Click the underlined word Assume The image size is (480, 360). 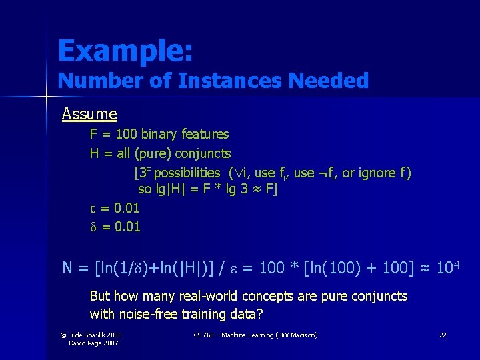point(89,114)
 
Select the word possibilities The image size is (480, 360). point(187,173)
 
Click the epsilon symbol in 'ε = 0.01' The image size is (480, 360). point(93,209)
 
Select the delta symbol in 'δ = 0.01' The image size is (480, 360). point(93,227)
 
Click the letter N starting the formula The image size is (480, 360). point(67,268)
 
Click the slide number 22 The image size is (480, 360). point(442,335)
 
